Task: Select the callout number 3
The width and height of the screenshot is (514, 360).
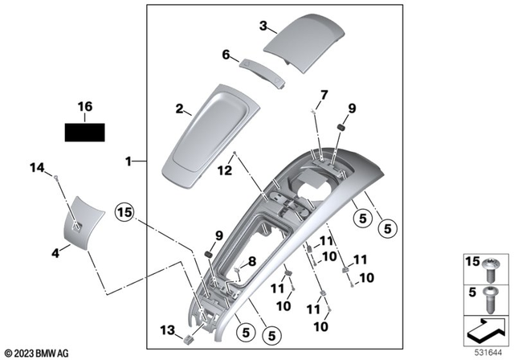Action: click(263, 25)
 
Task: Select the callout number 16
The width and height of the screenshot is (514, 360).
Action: click(85, 106)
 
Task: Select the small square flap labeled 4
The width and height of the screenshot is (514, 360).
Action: click(83, 219)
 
